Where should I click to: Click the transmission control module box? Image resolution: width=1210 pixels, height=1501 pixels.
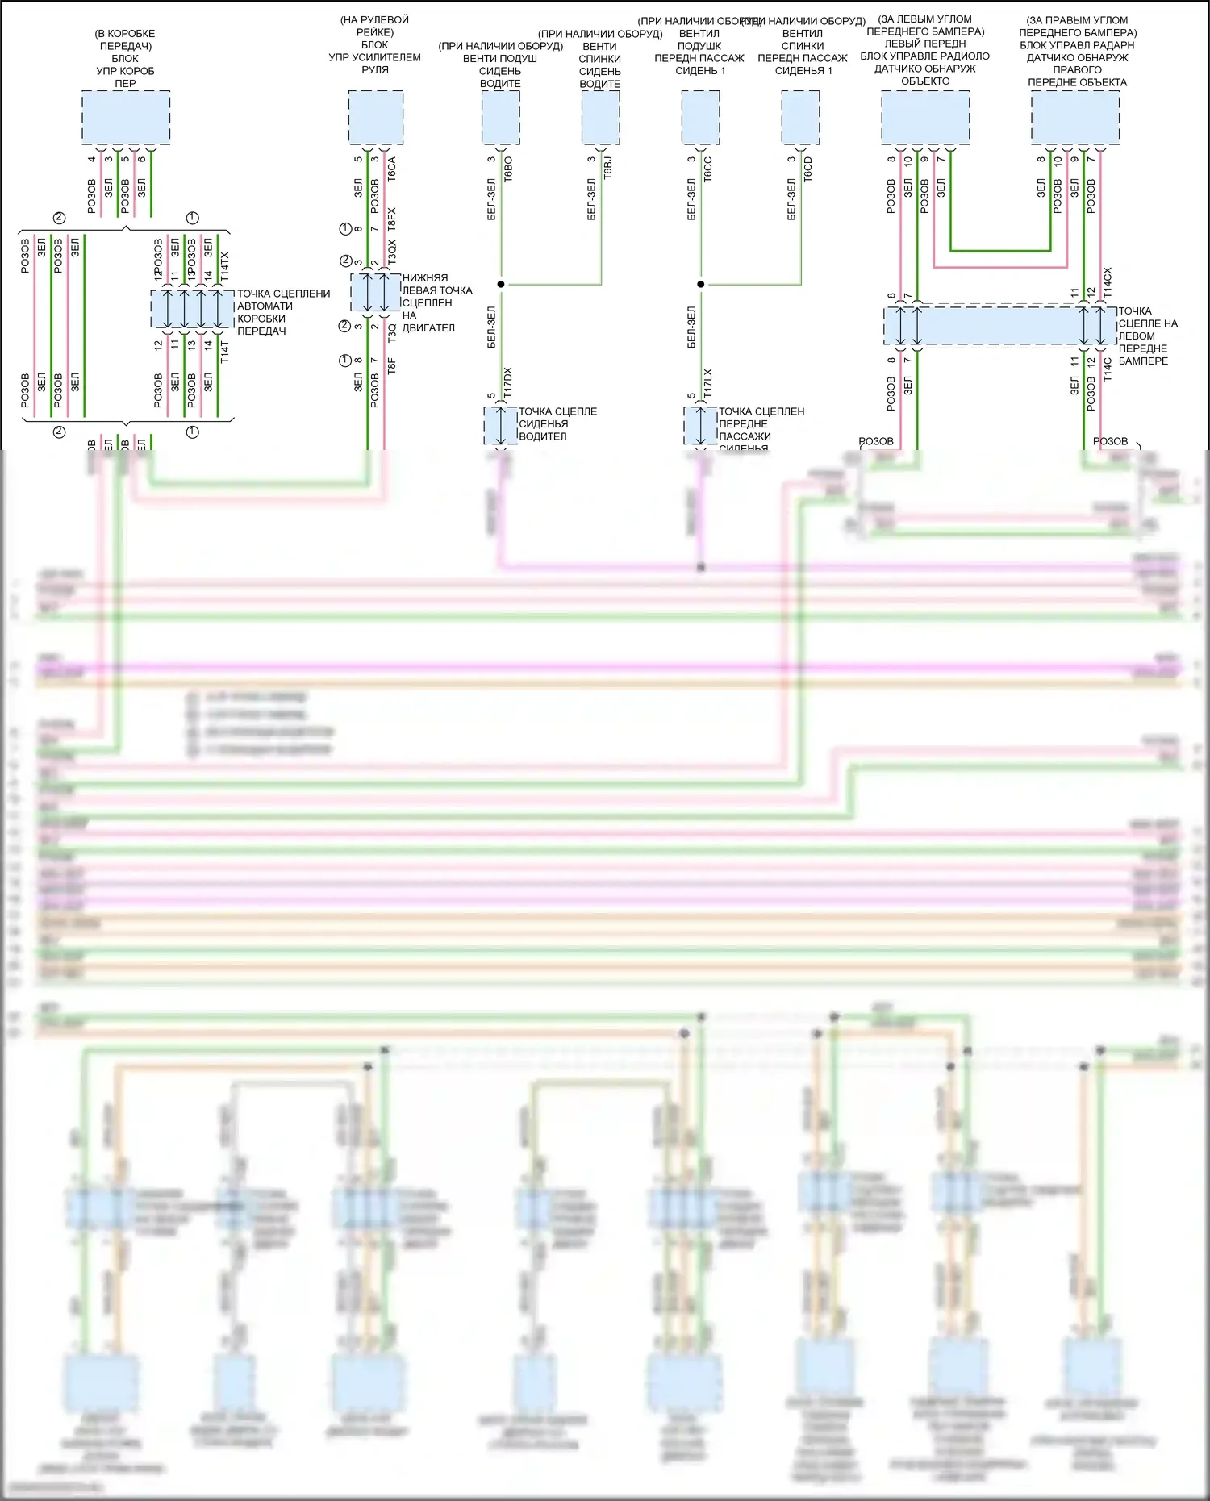click(x=126, y=118)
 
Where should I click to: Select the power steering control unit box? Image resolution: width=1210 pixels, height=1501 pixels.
click(x=376, y=118)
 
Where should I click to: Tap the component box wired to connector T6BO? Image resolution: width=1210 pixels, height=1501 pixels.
click(x=500, y=118)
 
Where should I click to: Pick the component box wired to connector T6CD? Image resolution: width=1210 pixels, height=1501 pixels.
click(x=800, y=118)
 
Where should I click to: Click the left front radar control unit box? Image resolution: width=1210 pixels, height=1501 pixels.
click(x=925, y=118)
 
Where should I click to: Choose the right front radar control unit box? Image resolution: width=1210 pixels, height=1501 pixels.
click(x=1075, y=118)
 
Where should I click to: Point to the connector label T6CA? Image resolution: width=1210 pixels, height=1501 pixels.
click(x=392, y=169)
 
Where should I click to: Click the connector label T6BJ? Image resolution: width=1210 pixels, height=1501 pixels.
click(x=607, y=168)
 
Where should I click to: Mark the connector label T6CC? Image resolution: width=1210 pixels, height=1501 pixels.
click(x=707, y=169)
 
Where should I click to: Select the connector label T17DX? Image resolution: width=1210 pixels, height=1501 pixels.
click(x=507, y=382)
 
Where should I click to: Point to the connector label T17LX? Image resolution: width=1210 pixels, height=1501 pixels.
click(x=707, y=383)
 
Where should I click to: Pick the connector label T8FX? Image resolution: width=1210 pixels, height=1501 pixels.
click(x=392, y=219)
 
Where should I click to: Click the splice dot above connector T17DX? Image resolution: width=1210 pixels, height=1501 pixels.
click(x=501, y=284)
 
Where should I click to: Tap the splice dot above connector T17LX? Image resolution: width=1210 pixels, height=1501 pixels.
click(x=701, y=284)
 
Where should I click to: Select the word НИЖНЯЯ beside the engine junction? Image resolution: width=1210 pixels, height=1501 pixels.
click(x=425, y=278)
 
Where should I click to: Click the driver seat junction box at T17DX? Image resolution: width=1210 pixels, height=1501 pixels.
click(x=500, y=425)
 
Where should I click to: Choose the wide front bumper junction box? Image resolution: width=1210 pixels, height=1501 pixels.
click(x=1000, y=326)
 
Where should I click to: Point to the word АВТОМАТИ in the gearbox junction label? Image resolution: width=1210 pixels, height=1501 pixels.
click(x=265, y=306)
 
